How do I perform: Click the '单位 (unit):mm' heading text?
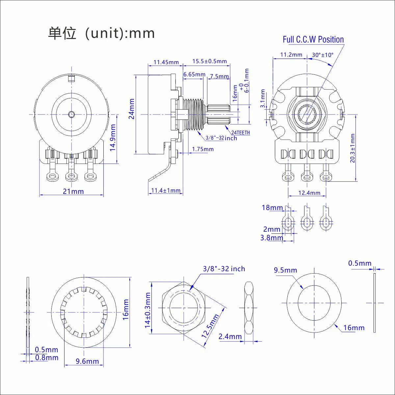[101, 33]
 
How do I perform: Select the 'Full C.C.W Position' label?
[313, 39]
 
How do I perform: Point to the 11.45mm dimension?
[166, 62]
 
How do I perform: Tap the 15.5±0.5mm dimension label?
[210, 61]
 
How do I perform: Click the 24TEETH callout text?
[241, 133]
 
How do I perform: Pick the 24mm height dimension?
[132, 109]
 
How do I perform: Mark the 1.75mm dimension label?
[203, 149]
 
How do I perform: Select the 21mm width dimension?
[73, 191]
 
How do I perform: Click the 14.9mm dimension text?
[113, 138]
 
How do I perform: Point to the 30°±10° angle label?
[323, 55]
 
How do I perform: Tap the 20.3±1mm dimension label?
[353, 148]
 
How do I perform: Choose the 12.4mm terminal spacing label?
[309, 193]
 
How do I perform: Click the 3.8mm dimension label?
[272, 238]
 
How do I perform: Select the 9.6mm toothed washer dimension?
[87, 361]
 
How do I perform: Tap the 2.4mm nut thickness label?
[230, 336]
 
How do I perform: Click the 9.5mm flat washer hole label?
[285, 270]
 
